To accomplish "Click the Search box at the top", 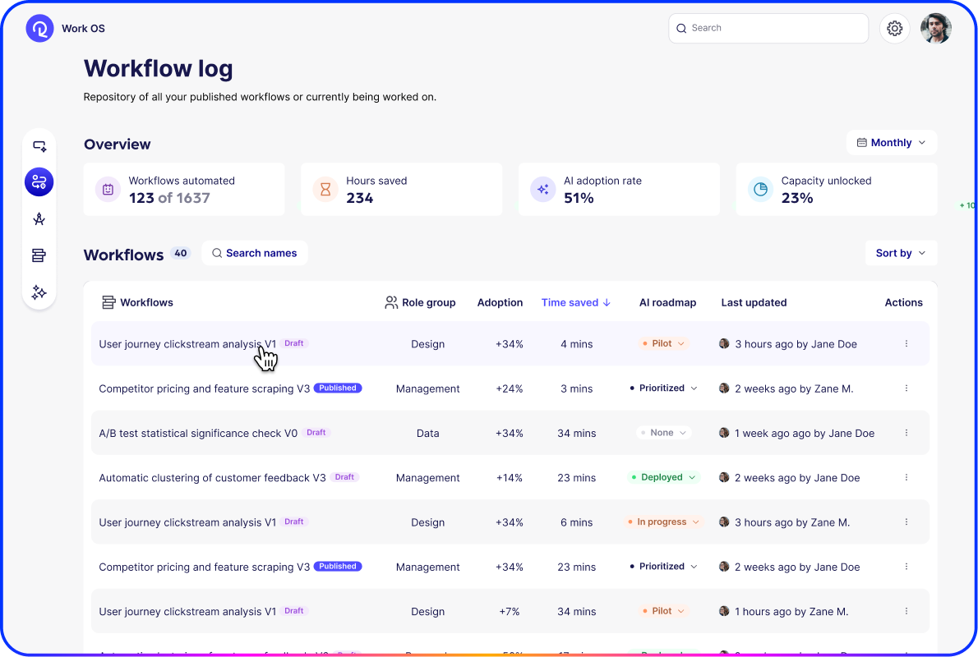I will point(768,28).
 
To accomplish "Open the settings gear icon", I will point(894,29).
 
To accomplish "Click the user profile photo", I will point(935,29).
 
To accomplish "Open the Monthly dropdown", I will point(892,143).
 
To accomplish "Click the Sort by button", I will point(901,253).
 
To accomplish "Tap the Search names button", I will point(255,253).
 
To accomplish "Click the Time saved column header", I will point(575,302).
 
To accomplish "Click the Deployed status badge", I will point(662,477).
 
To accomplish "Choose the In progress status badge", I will point(662,521).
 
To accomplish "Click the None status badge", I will point(662,433).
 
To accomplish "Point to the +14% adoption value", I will point(509,478).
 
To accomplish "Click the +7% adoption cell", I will point(509,612).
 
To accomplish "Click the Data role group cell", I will point(427,434).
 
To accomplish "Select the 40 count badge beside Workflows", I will point(180,253).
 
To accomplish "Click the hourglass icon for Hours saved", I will point(325,190).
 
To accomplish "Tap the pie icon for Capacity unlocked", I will point(760,190).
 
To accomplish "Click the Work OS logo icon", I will point(39,29).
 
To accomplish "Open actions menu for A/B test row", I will point(906,433).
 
